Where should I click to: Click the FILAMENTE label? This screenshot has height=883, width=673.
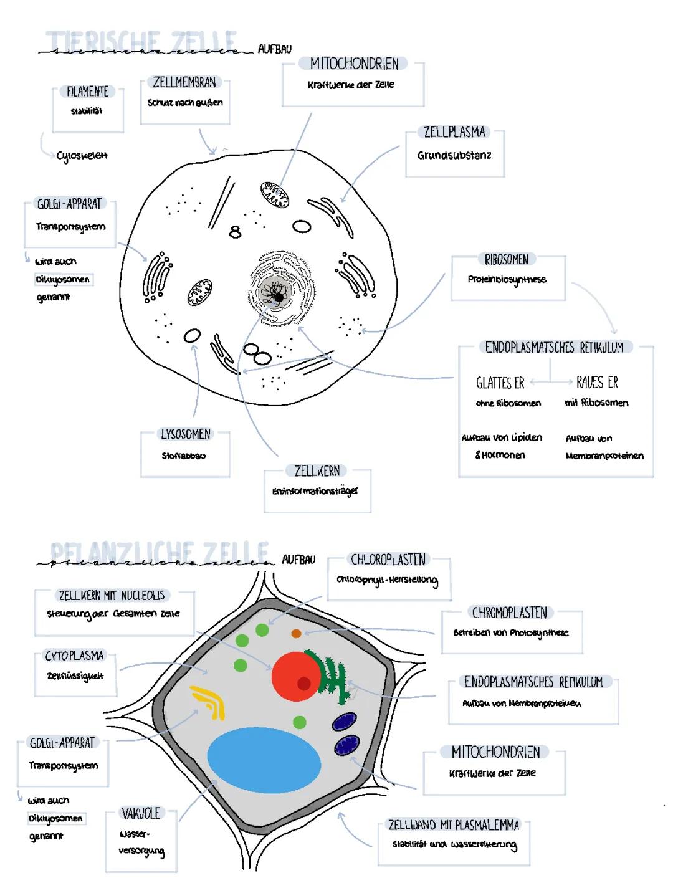[x=87, y=92]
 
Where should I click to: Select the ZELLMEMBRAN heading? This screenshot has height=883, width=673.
[x=184, y=82]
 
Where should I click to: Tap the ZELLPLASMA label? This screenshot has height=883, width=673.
[x=454, y=132]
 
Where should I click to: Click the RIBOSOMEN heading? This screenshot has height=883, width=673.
[x=506, y=260]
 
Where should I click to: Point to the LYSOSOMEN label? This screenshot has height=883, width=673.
[x=186, y=434]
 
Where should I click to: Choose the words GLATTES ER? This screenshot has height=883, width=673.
[x=500, y=383]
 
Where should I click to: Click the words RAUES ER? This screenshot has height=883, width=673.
[x=597, y=382]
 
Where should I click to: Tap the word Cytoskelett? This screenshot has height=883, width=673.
[x=82, y=156]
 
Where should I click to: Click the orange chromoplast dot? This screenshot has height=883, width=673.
[x=296, y=634]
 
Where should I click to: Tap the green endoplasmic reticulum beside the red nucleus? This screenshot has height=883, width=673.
[x=331, y=676]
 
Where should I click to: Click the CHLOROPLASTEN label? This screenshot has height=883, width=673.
[x=388, y=560]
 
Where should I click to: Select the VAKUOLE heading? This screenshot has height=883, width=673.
[x=141, y=813]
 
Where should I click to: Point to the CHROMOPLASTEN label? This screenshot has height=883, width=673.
[x=510, y=613]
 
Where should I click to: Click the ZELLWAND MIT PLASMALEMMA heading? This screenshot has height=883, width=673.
[x=454, y=825]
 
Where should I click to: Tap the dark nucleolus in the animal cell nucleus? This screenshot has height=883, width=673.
[x=279, y=297]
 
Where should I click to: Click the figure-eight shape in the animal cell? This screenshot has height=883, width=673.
[x=235, y=232]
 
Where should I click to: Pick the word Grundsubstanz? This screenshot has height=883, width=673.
[x=454, y=155]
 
